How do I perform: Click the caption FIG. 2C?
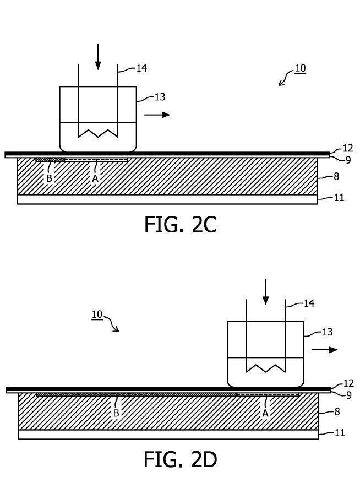(180, 224)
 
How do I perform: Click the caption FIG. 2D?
(180, 459)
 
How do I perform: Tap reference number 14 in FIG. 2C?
(141, 68)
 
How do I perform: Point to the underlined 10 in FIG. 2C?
(300, 69)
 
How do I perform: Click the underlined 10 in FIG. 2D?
(97, 315)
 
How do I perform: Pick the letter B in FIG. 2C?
(49, 178)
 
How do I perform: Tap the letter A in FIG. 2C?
(95, 178)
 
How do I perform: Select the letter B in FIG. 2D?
(116, 413)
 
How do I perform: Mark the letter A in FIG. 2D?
(265, 413)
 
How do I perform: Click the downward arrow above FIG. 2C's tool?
(98, 57)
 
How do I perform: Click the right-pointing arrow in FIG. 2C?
(157, 115)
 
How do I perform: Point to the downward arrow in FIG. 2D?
(266, 292)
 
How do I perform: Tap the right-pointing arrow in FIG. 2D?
(325, 350)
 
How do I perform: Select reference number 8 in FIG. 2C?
(336, 177)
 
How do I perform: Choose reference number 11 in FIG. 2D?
(340, 433)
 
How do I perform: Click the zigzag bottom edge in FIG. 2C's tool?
(98, 133)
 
